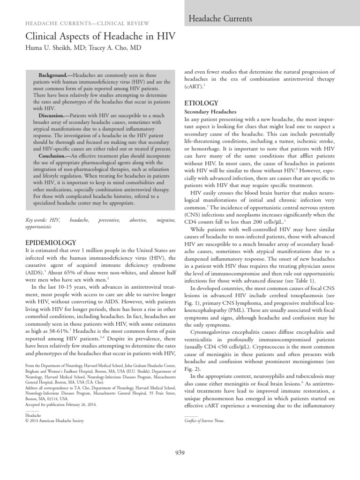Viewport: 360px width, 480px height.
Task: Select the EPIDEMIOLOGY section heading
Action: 50,242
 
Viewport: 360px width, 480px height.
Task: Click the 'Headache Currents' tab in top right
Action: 220,19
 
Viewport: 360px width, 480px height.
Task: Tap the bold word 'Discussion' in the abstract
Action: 52,115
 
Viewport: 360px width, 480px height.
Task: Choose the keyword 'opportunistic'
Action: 38,226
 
